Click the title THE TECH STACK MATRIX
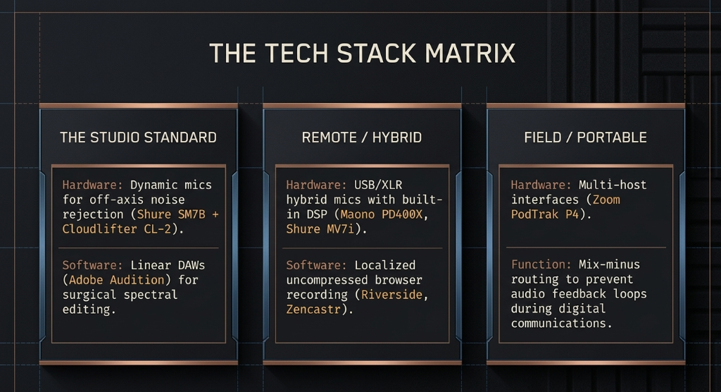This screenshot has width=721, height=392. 363,53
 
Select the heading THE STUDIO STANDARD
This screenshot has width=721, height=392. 139,137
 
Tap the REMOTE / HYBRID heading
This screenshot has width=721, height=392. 362,137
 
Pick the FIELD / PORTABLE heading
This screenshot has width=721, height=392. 585,137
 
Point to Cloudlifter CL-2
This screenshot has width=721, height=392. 117,229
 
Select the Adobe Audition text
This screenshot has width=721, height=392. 117,280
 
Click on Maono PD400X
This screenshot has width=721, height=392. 381,214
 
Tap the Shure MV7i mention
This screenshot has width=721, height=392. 320,229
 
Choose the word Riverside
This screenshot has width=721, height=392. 391,294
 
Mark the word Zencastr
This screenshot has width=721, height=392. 313,309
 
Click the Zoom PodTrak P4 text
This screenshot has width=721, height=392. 565,207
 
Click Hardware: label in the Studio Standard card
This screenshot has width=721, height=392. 93,185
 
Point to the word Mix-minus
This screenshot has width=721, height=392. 609,264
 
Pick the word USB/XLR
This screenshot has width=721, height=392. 378,185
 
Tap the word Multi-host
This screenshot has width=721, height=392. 613,185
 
